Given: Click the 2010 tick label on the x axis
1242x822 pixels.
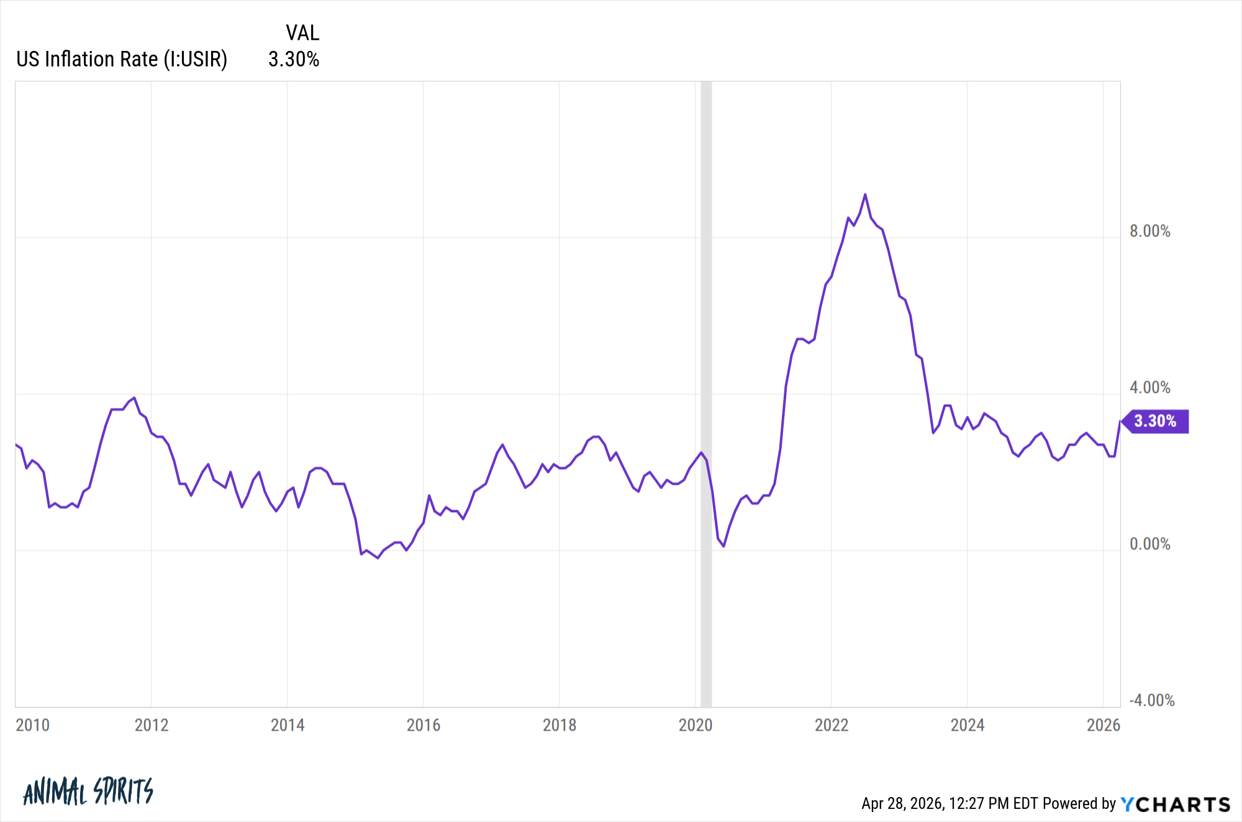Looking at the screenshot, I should click(x=32, y=725).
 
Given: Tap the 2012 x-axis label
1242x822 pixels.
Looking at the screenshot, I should click(x=152, y=725).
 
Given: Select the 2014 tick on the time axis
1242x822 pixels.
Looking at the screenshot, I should click(x=288, y=725).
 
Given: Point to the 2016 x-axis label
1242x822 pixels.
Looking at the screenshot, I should click(x=424, y=725).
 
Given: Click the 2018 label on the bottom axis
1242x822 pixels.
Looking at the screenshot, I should click(x=560, y=725).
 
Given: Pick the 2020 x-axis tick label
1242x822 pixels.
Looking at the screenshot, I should click(x=696, y=725).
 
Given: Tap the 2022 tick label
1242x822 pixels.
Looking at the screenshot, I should click(x=832, y=725).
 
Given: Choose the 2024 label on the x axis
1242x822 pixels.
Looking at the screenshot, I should click(x=968, y=725).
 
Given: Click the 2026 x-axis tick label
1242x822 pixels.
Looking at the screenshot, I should click(x=1104, y=725).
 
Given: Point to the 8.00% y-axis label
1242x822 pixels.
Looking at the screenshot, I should click(x=1150, y=232).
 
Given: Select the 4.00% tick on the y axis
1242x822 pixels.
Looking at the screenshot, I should click(x=1150, y=388).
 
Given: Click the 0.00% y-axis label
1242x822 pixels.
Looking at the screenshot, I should click(x=1150, y=544).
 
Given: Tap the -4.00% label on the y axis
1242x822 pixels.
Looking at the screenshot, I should click(x=1152, y=701).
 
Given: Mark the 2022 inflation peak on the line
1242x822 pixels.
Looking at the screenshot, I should click(x=865, y=195).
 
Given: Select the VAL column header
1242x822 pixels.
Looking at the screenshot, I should click(x=302, y=33).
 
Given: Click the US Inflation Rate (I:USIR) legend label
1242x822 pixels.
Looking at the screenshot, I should click(x=122, y=60).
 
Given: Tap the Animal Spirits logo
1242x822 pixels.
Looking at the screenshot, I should click(x=88, y=792).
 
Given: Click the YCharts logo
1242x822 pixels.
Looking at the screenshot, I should click(x=1176, y=805).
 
